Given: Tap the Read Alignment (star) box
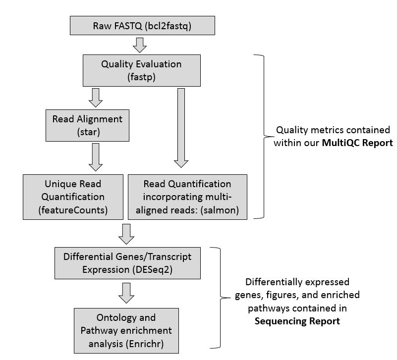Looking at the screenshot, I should [x=87, y=125].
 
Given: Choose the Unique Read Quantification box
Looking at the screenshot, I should [x=73, y=197].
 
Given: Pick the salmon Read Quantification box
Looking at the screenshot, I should [x=187, y=197].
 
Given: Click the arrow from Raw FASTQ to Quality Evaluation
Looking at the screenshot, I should [x=141, y=45].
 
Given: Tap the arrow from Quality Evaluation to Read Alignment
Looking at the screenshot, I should [x=95, y=98].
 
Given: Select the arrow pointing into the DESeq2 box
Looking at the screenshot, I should [x=127, y=233].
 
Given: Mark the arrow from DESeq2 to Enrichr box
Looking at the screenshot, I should [x=127, y=293].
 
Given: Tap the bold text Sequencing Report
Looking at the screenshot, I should [x=297, y=321].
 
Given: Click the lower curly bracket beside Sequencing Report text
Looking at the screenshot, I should [x=218, y=298].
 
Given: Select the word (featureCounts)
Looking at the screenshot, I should [x=73, y=210].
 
